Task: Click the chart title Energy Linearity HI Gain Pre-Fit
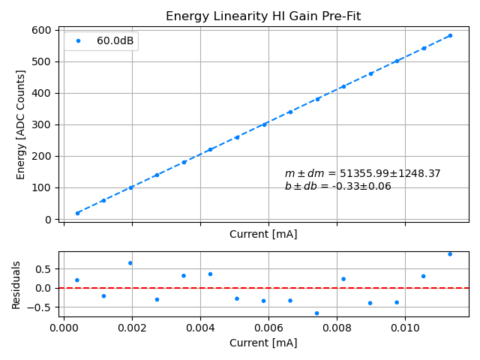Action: pyautogui.click(x=262, y=16)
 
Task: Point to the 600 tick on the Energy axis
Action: pyautogui.click(x=43, y=30)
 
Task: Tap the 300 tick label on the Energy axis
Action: pyautogui.click(x=43, y=124)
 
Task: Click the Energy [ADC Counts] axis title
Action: pyautogui.click(x=21, y=124)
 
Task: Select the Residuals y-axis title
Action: pyautogui.click(x=16, y=285)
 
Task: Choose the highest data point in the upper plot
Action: pyautogui.click(x=450, y=35)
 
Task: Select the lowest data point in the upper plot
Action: pyautogui.click(x=77, y=213)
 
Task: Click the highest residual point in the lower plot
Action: pyautogui.click(x=450, y=254)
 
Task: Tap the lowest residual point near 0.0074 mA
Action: pyautogui.click(x=316, y=313)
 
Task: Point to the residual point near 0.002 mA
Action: pyautogui.click(x=130, y=263)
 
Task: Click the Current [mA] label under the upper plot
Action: pyautogui.click(x=263, y=234)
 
